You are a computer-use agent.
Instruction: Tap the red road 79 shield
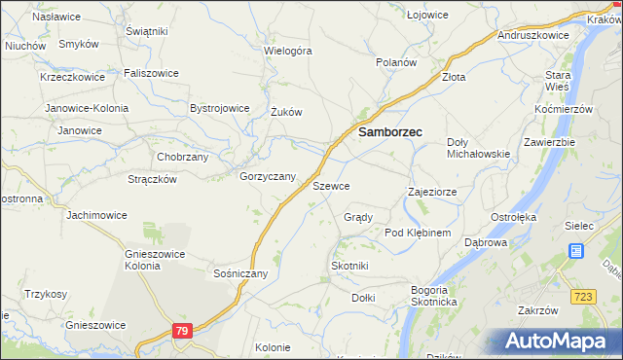pos(181,332)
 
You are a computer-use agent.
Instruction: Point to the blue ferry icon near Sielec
pos(576,251)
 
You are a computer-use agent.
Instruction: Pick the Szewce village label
pos(331,185)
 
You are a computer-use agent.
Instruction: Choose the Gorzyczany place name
pos(268,176)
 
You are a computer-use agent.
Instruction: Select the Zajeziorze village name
pos(432,192)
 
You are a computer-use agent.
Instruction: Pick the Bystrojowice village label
pos(220,108)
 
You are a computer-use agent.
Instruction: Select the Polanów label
pos(397,61)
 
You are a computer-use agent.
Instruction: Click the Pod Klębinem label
pos(418,234)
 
